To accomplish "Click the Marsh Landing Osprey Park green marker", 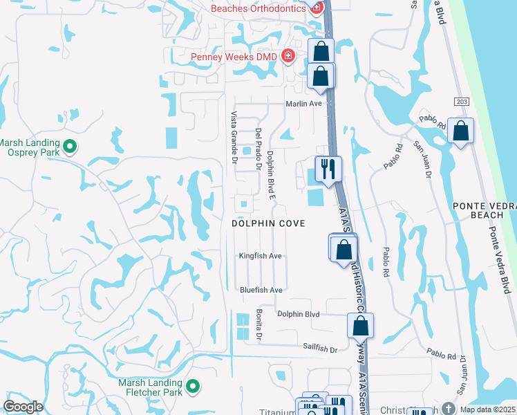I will (69, 146).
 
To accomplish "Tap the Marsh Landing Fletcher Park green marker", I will (193, 386).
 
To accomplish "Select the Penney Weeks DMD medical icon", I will (288, 57).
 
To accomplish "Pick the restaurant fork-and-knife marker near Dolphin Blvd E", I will (328, 168).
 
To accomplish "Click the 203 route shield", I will (462, 101).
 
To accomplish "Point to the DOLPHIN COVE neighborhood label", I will (268, 223).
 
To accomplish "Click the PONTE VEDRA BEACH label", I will (484, 211).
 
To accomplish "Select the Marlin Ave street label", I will (305, 104).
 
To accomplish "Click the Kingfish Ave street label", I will (261, 256).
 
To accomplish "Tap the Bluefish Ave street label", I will (261, 290).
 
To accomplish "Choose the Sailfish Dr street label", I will (319, 350).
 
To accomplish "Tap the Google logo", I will (23, 407).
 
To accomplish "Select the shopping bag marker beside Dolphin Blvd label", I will (359, 325).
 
